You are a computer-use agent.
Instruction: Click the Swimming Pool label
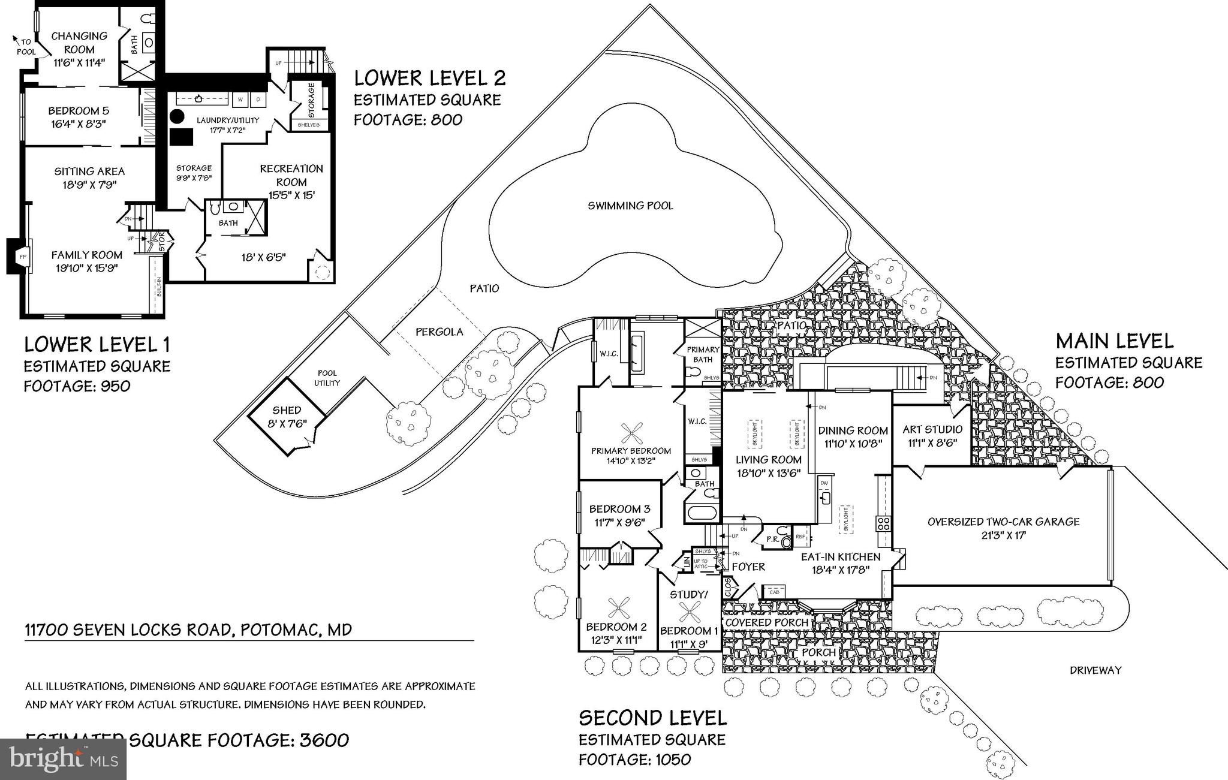(630, 206)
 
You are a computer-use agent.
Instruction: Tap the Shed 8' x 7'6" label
(287, 417)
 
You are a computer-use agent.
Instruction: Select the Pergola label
(440, 332)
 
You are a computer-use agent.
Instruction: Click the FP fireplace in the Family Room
(22, 256)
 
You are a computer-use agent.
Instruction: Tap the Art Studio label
(932, 429)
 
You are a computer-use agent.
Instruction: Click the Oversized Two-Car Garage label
(1003, 522)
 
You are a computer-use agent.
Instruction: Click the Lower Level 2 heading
(429, 78)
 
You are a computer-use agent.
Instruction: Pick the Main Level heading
(1114, 341)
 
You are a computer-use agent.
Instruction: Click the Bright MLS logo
(63, 759)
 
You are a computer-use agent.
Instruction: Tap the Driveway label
(1095, 670)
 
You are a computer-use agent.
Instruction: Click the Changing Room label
(79, 43)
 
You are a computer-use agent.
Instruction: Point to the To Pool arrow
(16, 40)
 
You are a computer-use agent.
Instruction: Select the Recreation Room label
(291, 175)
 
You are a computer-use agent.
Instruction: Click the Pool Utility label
(327, 378)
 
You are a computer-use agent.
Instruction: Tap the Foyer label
(748, 567)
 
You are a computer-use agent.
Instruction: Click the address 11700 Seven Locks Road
(188, 630)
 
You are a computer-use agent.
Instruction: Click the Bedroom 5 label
(79, 111)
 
